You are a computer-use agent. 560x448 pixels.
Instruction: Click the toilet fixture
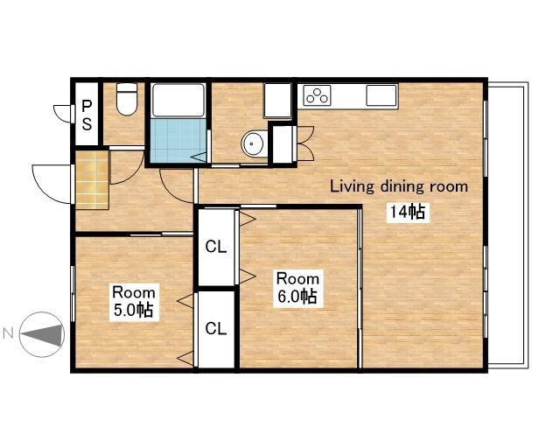pyautogui.click(x=127, y=99)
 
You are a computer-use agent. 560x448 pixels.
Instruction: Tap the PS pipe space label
pyautogui.click(x=87, y=115)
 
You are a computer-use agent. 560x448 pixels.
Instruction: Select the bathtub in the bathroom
pyautogui.click(x=178, y=100)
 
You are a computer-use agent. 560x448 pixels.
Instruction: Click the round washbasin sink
pyautogui.click(x=255, y=144)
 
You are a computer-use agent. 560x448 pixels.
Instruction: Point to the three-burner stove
pyautogui.click(x=317, y=94)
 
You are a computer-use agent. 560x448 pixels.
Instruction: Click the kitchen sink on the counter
pyautogui.click(x=381, y=95)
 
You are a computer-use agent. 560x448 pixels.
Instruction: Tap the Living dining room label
pyautogui.click(x=399, y=186)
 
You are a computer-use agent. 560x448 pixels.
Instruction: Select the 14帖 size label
pyautogui.click(x=407, y=213)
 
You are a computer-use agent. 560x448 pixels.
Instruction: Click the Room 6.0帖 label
pyautogui.click(x=297, y=288)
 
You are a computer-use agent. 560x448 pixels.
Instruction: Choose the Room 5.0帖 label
pyautogui.click(x=134, y=302)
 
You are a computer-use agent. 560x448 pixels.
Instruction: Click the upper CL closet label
pyautogui.click(x=216, y=247)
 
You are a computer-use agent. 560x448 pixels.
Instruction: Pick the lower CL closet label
pyautogui.click(x=216, y=328)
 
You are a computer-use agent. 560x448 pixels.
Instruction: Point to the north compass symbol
pyautogui.click(x=42, y=334)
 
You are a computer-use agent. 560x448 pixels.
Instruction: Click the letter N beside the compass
pyautogui.click(x=8, y=333)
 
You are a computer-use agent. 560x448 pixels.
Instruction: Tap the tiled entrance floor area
pyautogui.click(x=92, y=180)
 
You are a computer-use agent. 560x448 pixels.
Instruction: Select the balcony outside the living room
pyautogui.click(x=507, y=226)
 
